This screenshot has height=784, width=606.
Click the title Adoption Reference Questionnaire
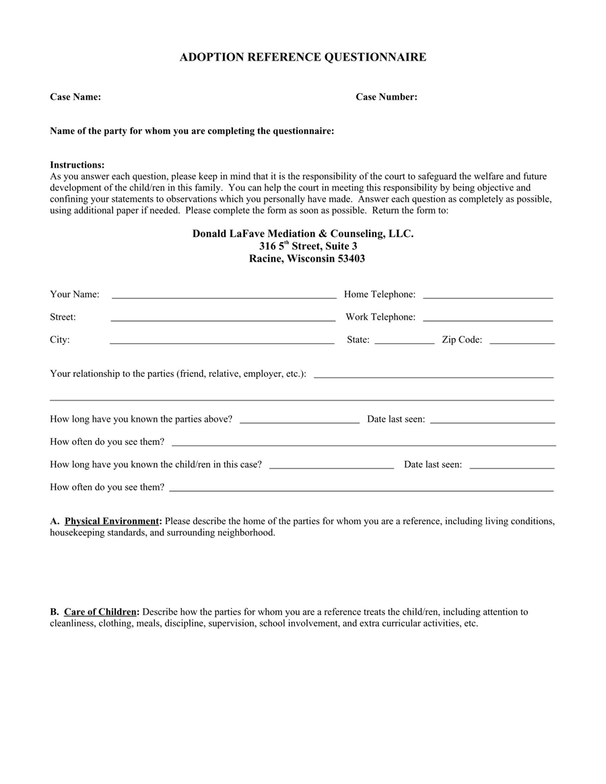point(302,57)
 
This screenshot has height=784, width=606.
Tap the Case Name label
point(75,97)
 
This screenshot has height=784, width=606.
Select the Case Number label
point(386,97)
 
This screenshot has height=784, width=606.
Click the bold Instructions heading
point(77,165)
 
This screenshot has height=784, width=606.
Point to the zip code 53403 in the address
point(351,258)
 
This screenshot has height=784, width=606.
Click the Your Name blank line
point(224,296)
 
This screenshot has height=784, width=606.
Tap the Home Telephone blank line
point(487,296)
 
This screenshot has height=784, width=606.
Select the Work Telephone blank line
point(487,319)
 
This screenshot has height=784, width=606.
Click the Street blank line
point(223,319)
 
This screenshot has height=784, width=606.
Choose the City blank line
point(222,342)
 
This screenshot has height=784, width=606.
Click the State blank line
point(404,342)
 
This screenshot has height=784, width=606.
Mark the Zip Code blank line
point(522,342)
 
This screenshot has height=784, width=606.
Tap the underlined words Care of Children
point(100,612)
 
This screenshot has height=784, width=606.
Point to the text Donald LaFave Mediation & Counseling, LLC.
point(303,234)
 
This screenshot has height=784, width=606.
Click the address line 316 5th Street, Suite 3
point(308,246)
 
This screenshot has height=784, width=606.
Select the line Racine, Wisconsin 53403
point(307,258)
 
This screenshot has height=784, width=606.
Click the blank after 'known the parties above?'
point(299,421)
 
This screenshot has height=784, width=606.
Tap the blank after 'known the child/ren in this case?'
point(331,466)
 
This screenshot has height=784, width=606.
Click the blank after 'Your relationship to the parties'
point(434,376)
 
